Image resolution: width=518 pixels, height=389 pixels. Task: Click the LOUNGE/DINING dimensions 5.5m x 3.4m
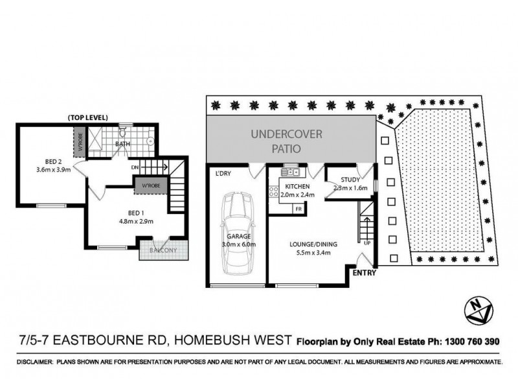click(x=310, y=252)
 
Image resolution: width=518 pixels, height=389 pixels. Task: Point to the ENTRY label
click(x=365, y=274)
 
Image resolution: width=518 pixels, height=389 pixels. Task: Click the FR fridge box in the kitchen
click(x=298, y=209)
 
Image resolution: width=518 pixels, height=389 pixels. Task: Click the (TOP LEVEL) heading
click(x=87, y=117)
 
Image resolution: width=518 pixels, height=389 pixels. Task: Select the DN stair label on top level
click(x=134, y=167)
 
